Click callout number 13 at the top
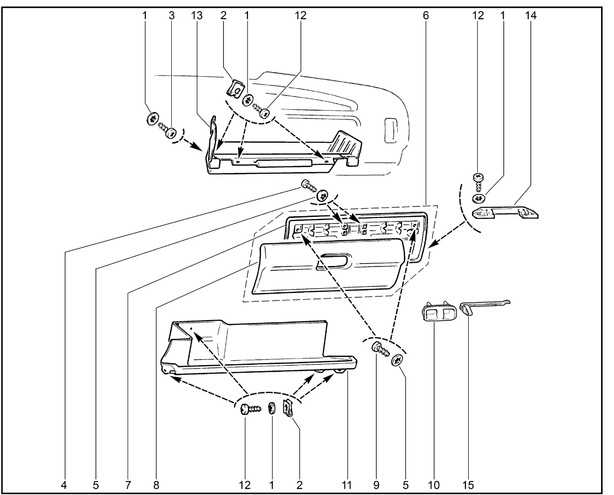point(196,15)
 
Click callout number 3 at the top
point(171,15)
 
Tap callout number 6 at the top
point(425,15)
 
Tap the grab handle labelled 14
point(505,212)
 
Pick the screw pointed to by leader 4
point(307,184)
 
